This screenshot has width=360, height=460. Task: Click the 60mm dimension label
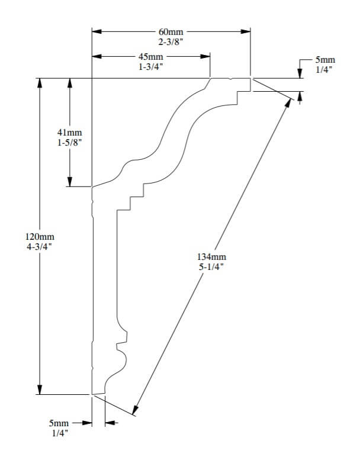click(171, 31)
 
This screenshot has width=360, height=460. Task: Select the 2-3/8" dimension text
click(171, 41)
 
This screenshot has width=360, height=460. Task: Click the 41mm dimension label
click(70, 133)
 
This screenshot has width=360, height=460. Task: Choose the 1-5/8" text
click(70, 143)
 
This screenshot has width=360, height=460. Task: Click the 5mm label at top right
click(325, 60)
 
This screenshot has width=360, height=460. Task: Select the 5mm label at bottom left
click(59, 424)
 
